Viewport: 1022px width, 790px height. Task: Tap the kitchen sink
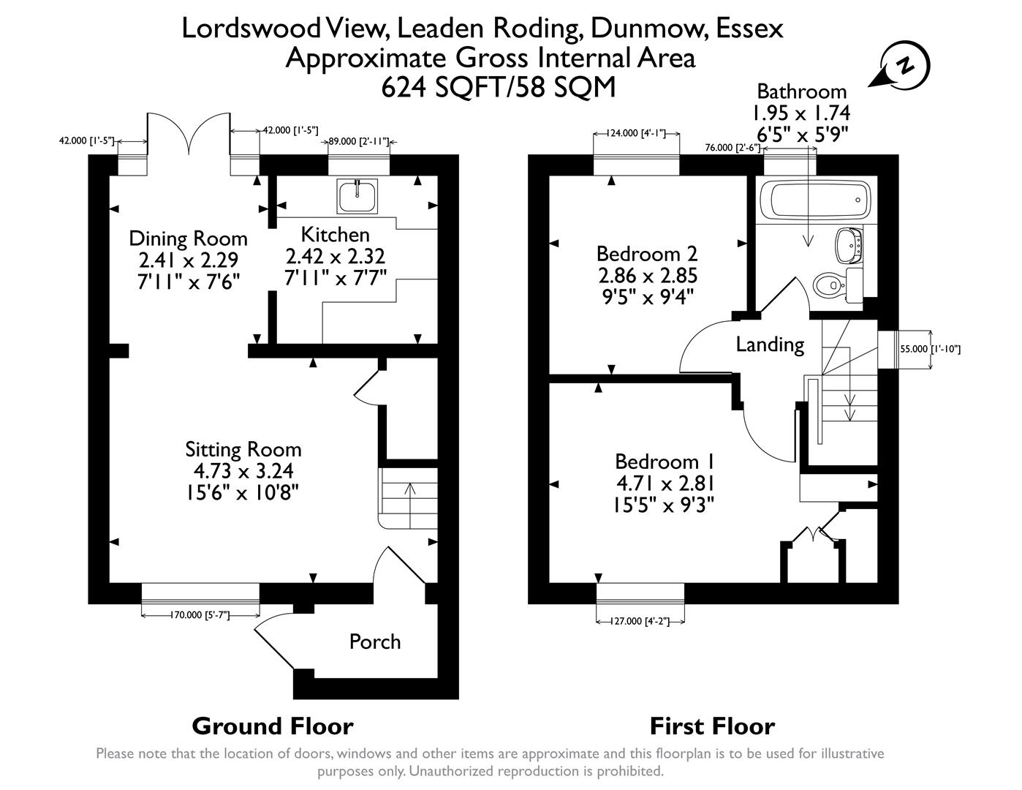pos(357,195)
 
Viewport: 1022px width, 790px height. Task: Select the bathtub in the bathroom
pos(814,200)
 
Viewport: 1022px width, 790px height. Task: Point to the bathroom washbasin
pos(849,244)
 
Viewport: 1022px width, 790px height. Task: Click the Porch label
pos(374,642)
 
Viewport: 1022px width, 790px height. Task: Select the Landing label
pos(769,344)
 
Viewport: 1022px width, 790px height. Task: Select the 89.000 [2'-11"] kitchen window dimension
pos(358,141)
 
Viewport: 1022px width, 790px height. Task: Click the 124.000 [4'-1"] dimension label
pos(636,134)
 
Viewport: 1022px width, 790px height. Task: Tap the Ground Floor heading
pos(272,726)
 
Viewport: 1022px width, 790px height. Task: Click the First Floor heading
pos(712,726)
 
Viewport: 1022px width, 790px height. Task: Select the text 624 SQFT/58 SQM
pos(499,87)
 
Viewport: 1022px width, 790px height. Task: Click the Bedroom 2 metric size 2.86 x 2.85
pos(647,275)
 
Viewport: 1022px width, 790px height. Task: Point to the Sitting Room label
pos(243,448)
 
